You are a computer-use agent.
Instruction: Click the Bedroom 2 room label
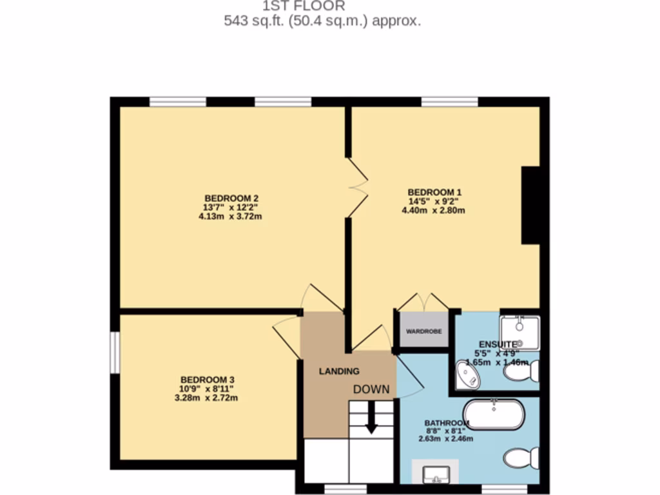pos(231,197)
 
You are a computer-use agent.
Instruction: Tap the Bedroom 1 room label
pos(434,191)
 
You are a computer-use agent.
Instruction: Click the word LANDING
pos(339,371)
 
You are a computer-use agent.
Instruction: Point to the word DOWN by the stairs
pos(371,389)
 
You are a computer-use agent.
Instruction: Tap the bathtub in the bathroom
pos(494,414)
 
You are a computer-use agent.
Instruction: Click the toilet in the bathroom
pos(521,458)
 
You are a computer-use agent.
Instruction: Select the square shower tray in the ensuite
pos(519,332)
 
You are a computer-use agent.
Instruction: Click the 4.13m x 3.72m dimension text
pos(230,217)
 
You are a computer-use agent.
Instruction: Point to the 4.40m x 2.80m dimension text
pos(433,210)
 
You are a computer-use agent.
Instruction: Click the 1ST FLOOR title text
pos(304,6)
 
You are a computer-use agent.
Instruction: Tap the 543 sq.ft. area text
pos(322,21)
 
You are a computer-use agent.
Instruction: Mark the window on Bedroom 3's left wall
pos(114,352)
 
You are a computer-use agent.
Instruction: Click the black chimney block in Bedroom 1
pos(530,205)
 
